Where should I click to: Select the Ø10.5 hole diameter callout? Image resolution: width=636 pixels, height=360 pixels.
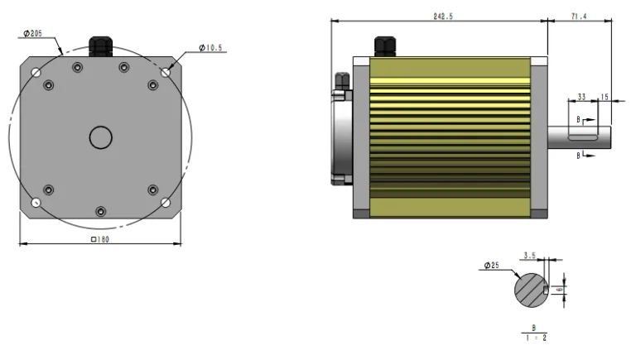tap(212, 49)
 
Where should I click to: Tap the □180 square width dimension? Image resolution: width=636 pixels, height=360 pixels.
tap(99, 239)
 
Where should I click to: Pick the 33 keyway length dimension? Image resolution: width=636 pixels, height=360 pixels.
tap(581, 97)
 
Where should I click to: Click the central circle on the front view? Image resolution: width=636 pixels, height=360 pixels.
tap(101, 137)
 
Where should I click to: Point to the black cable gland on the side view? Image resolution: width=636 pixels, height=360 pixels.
tap(384, 46)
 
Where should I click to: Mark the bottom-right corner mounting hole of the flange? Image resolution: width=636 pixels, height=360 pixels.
tap(166, 203)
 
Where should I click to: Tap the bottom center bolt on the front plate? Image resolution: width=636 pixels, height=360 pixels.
tap(100, 213)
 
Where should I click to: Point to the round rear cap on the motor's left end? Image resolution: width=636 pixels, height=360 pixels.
tap(341, 132)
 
